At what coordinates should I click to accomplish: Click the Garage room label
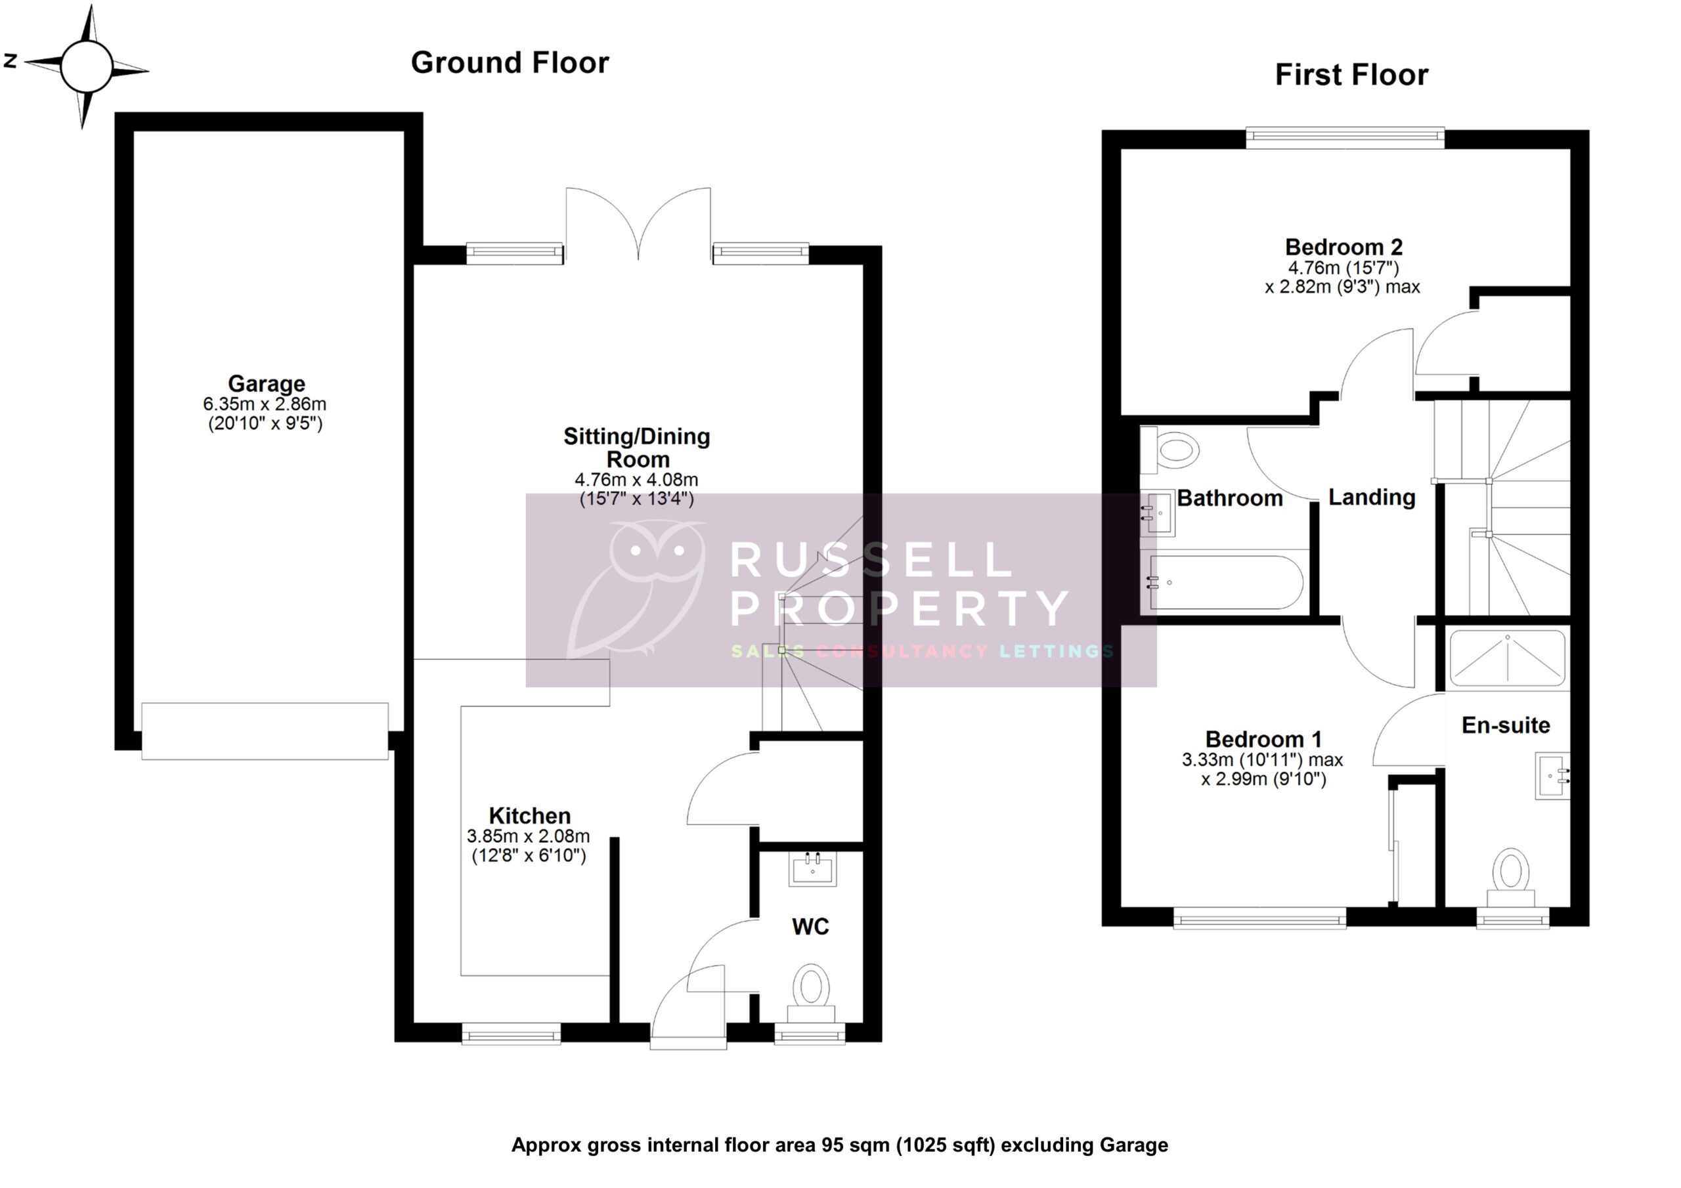(x=266, y=383)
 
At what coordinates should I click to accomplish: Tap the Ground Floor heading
(x=510, y=63)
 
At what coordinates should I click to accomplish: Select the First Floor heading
(x=1351, y=75)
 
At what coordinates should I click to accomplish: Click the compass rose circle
(x=87, y=66)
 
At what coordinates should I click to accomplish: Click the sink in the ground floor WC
(x=813, y=869)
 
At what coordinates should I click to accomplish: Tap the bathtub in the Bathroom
(x=1227, y=583)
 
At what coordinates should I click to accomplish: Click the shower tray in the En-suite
(x=1508, y=658)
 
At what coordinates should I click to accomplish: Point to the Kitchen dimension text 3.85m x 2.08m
(x=528, y=836)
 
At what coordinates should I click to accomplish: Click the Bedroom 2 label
(x=1343, y=247)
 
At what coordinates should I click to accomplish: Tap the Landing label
(x=1371, y=498)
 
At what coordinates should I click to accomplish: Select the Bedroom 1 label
(x=1263, y=739)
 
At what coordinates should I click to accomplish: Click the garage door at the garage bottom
(x=265, y=731)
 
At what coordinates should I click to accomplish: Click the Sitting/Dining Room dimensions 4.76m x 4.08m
(x=636, y=480)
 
